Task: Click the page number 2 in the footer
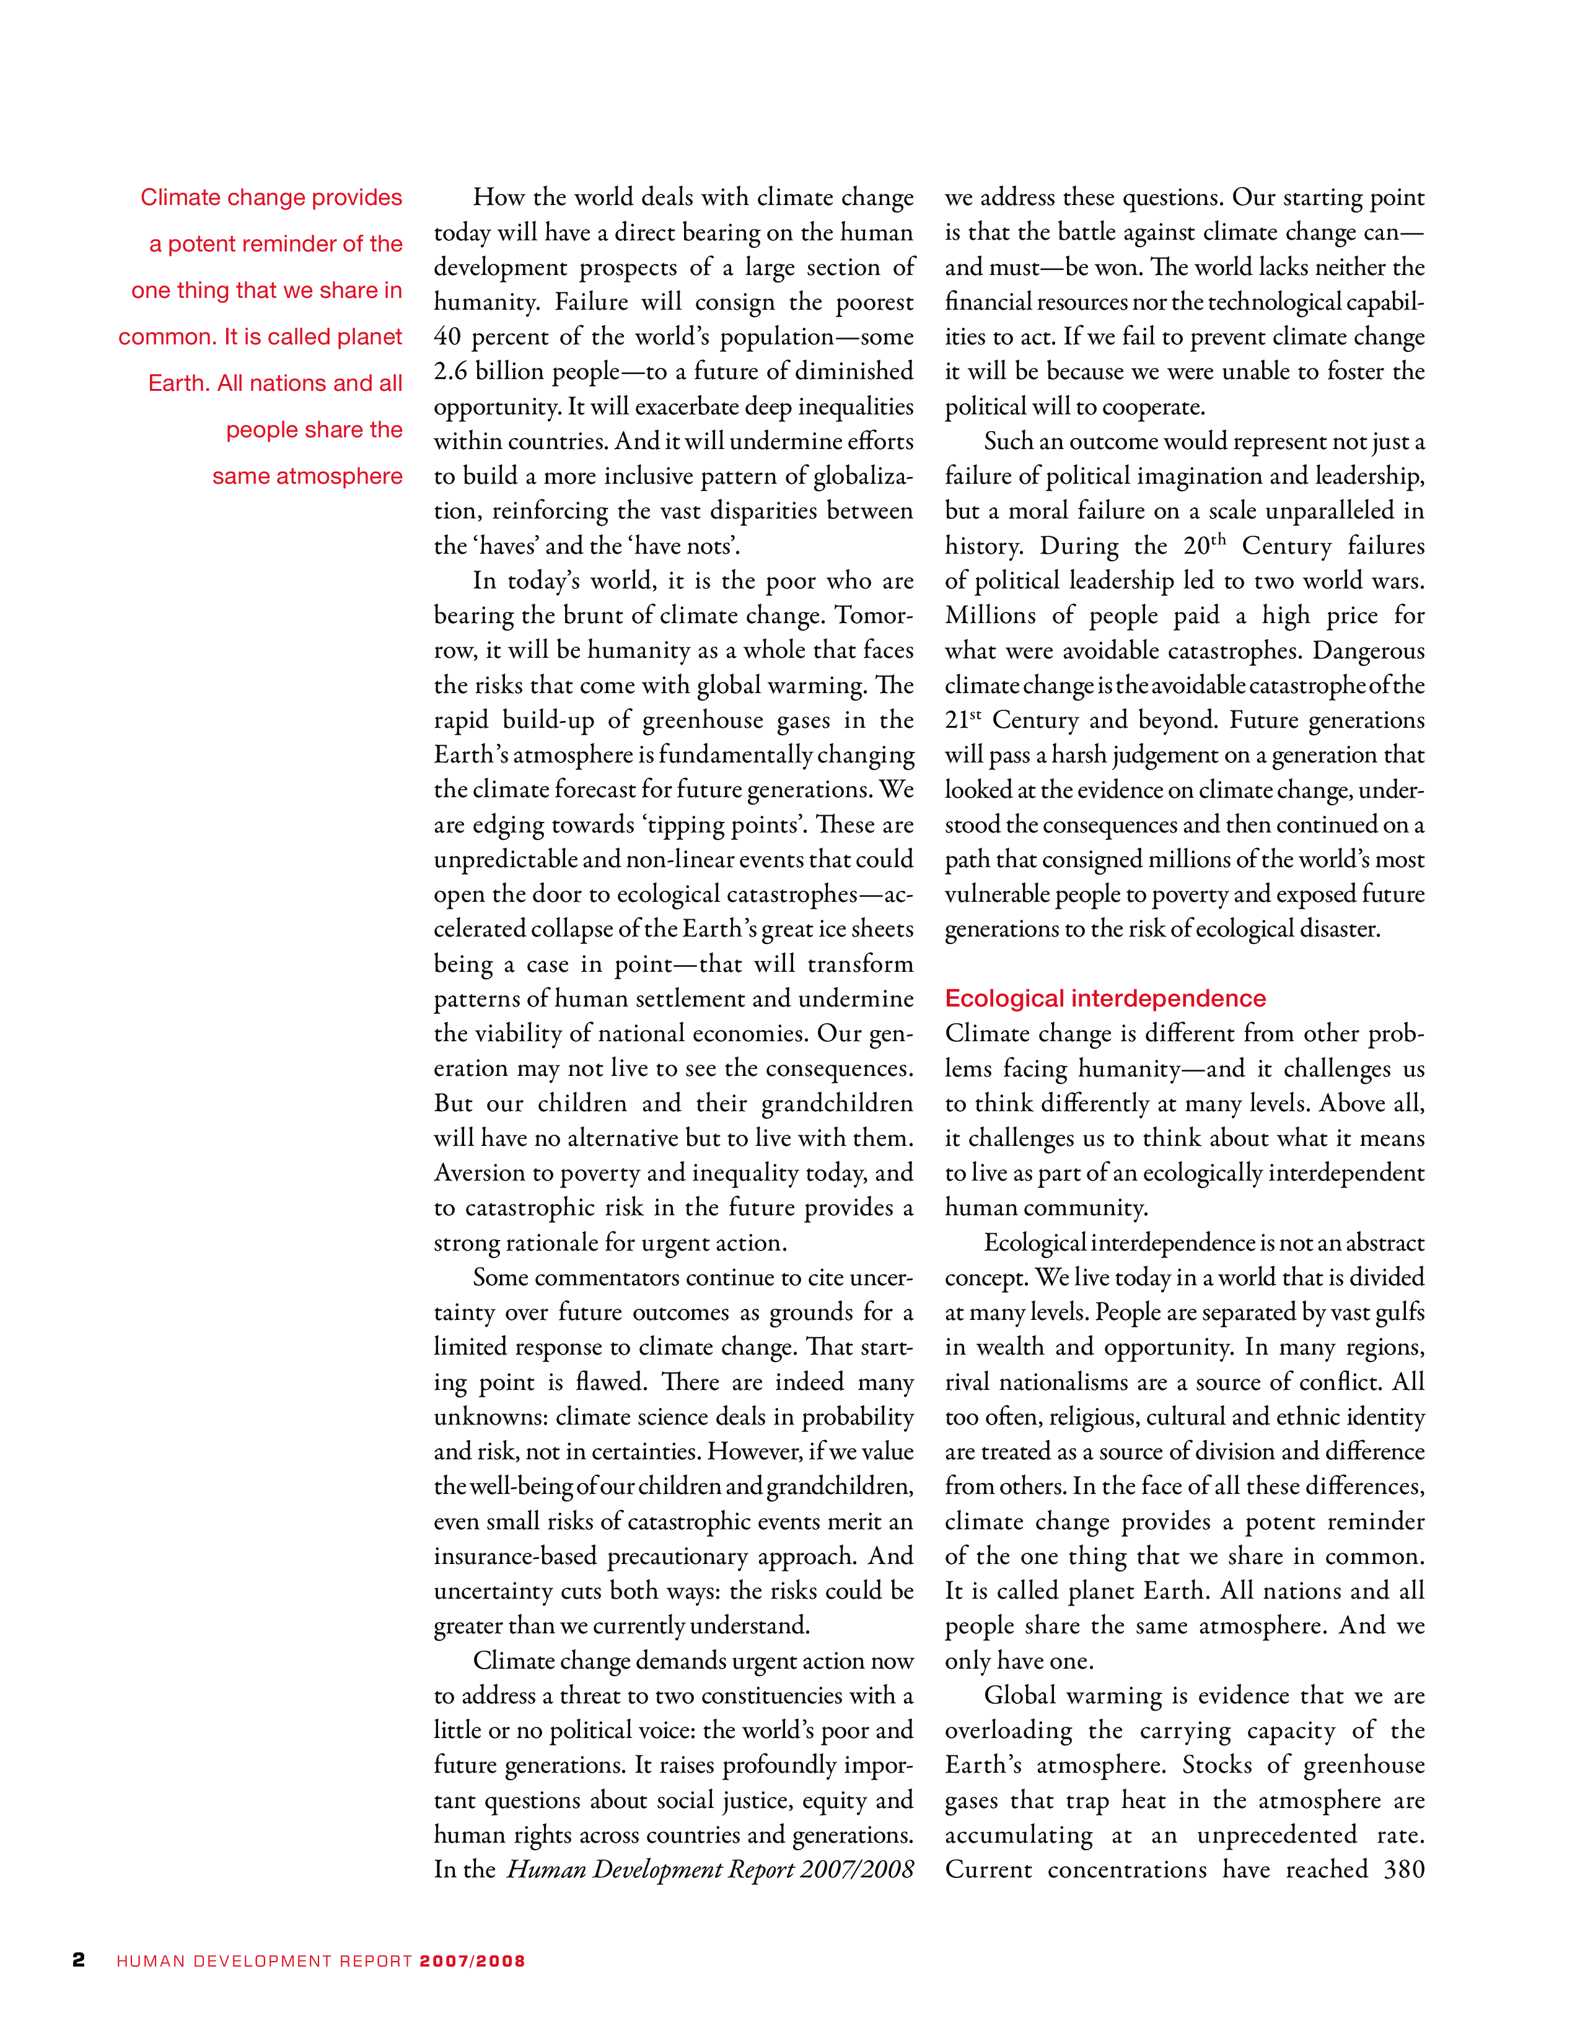[x=79, y=1960]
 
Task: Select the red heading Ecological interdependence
[x=1105, y=998]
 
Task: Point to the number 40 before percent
[x=447, y=337]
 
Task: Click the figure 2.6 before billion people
[x=450, y=372]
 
